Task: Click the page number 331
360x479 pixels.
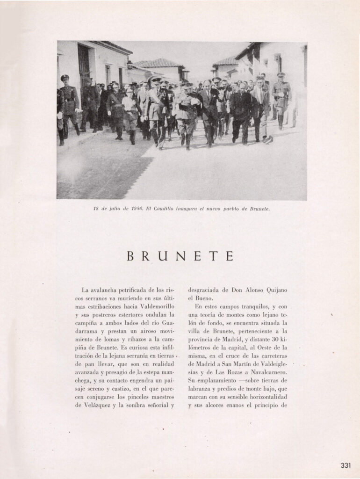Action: pos(346,465)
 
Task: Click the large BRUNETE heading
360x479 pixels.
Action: pos(180,256)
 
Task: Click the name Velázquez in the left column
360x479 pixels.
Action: pos(92,405)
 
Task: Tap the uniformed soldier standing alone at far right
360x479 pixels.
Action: pos(281,98)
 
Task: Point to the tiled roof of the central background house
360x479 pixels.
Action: pos(157,63)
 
